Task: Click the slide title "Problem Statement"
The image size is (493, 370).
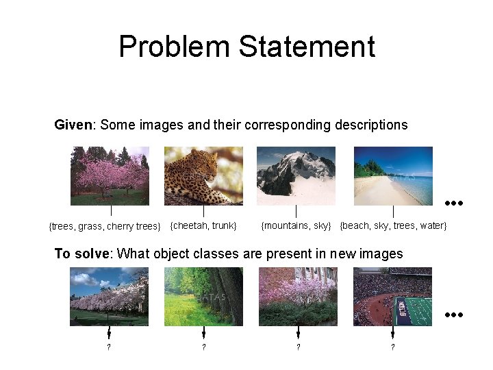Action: tap(246, 47)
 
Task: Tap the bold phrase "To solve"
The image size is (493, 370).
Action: tap(82, 254)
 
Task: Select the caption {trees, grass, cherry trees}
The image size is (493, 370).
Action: tap(105, 226)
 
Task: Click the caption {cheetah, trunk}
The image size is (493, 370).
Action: tap(203, 225)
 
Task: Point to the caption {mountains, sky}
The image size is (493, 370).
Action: tap(296, 225)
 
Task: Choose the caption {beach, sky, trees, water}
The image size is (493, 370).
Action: tap(393, 225)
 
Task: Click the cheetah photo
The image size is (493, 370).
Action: tap(203, 176)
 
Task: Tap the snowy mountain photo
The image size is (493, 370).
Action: tap(296, 176)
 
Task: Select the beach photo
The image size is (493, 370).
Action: tap(393, 176)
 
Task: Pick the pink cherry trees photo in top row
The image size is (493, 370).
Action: tap(110, 176)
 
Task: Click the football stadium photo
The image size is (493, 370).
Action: tap(393, 296)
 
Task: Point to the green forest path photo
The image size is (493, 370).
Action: tap(203, 296)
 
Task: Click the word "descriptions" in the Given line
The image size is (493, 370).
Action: tap(371, 125)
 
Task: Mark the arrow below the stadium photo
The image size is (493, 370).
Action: tap(392, 332)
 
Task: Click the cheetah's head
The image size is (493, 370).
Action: tap(206, 163)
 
